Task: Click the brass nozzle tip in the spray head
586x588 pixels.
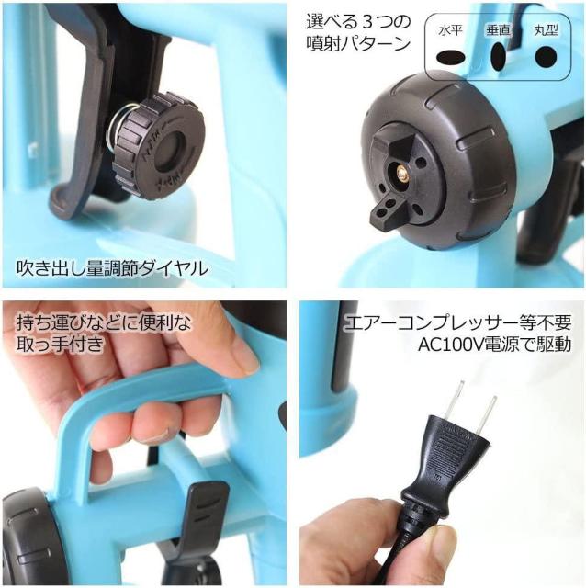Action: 402,172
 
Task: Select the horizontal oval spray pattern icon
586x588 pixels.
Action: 451,58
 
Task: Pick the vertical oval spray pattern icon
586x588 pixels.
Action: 498,57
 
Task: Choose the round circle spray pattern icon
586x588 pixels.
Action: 546,57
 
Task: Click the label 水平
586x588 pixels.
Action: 451,31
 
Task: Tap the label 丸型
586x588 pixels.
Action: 547,31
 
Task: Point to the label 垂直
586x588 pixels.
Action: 499,31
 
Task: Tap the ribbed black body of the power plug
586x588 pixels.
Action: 448,461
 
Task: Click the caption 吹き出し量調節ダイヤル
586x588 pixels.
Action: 112,268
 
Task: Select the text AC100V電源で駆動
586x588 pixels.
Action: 495,345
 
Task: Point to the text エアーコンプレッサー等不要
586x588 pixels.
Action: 458,322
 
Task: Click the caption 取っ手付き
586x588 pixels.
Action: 60,344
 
